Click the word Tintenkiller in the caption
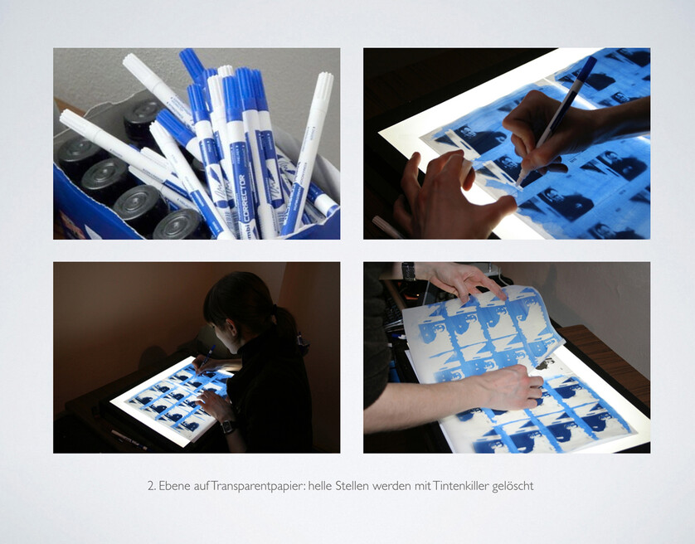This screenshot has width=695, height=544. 460,486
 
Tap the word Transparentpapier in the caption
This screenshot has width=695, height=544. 258,486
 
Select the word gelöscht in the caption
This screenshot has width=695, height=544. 513,487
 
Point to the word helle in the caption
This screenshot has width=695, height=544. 320,486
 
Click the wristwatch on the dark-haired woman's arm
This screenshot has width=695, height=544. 227,426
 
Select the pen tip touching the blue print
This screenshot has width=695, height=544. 518,183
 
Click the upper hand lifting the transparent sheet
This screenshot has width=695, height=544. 465,280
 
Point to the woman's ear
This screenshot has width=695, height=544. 230,328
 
